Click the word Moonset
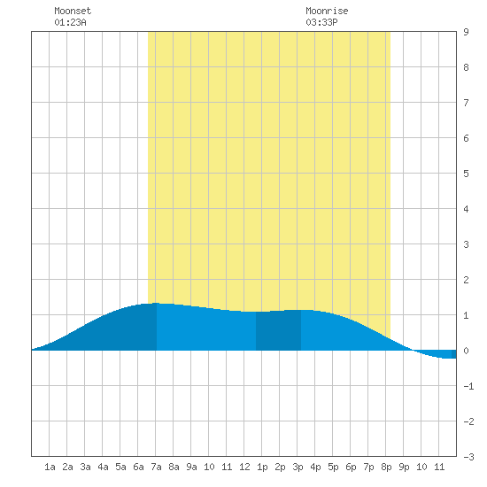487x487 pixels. coord(73,11)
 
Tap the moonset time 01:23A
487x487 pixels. coord(70,22)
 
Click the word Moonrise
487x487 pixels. coord(327,11)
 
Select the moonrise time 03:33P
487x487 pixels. coord(321,22)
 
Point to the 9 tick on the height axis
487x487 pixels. coord(466,32)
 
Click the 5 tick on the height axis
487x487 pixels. coord(466,174)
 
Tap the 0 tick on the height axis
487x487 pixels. coord(466,351)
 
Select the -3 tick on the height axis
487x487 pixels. coord(468,457)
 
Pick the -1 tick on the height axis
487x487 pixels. coord(468,386)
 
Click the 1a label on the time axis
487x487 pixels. coord(50,467)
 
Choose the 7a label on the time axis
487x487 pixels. coord(156,467)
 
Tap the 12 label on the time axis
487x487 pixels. coord(244,467)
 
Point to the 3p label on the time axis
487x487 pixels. coord(298,467)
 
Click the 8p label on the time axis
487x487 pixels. coord(386,467)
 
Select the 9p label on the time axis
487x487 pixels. coord(404,467)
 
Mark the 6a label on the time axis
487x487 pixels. coord(138,467)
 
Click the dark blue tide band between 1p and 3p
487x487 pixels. coord(278,330)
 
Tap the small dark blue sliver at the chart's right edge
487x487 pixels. coord(453,354)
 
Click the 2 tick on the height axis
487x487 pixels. coord(466,280)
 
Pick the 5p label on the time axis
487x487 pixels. coord(333,467)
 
